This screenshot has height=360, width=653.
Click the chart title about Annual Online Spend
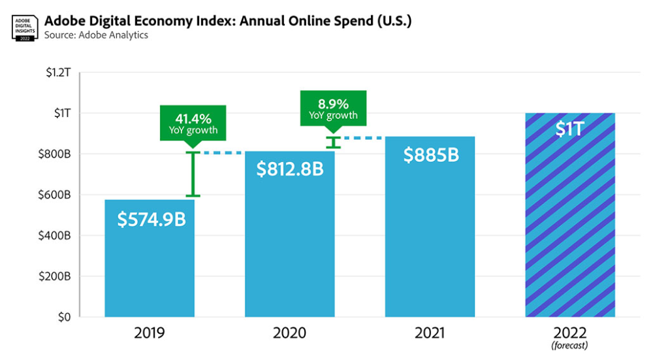click(228, 20)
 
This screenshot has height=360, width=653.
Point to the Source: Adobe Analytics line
click(96, 35)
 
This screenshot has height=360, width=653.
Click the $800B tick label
click(57, 154)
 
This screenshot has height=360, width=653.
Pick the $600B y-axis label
click(57, 195)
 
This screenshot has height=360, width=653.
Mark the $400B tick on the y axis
click(57, 235)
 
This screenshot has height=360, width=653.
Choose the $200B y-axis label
click(57, 276)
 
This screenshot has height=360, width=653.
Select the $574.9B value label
click(151, 220)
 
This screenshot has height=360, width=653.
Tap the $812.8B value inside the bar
click(290, 169)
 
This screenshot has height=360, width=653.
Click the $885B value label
click(430, 155)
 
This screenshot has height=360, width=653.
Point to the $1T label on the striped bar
click(569, 129)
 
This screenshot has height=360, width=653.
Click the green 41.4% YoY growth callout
click(193, 123)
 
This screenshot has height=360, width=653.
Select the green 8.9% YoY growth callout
click(332, 108)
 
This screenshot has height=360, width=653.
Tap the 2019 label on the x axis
click(150, 333)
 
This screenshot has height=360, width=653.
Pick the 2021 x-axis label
click(430, 333)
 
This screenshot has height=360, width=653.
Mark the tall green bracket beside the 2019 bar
click(193, 174)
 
